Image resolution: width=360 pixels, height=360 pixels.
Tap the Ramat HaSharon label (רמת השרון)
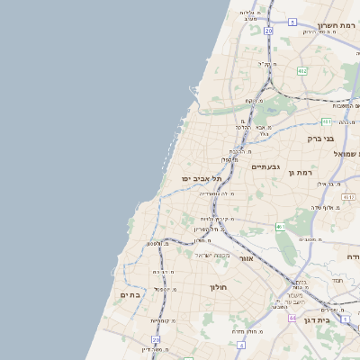(x=337, y=26)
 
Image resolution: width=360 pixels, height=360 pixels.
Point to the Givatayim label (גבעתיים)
(x=266, y=166)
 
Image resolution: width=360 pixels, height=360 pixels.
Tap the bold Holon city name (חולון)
(x=220, y=288)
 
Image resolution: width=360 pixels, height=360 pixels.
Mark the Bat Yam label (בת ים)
(x=131, y=294)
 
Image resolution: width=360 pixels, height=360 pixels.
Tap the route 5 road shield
(x=292, y=22)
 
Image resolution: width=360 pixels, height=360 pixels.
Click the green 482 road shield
(x=302, y=70)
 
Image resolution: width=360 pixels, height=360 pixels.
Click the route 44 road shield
(x=292, y=318)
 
